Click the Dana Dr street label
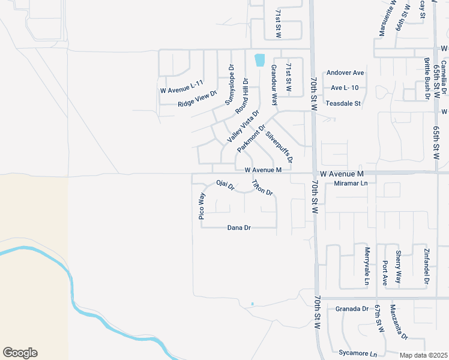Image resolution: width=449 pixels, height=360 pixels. point(239,228)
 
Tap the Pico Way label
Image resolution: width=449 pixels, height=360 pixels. point(202,206)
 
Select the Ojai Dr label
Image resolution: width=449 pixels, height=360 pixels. point(225,185)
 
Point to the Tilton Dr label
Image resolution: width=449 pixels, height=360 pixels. point(262,188)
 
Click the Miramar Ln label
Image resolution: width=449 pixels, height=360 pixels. point(351,184)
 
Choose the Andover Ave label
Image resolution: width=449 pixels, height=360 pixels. point(345,73)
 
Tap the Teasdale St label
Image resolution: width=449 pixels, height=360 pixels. point(343,103)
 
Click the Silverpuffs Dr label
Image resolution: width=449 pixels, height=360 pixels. point(279,148)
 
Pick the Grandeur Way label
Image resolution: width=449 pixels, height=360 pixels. point(274,86)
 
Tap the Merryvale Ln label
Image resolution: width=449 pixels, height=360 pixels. point(367,265)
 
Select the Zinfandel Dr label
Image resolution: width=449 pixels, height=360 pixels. point(427,265)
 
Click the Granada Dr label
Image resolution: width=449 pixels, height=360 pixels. point(352,308)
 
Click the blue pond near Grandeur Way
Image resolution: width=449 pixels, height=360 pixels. point(259,60)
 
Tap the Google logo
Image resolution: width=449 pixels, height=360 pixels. point(20,353)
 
